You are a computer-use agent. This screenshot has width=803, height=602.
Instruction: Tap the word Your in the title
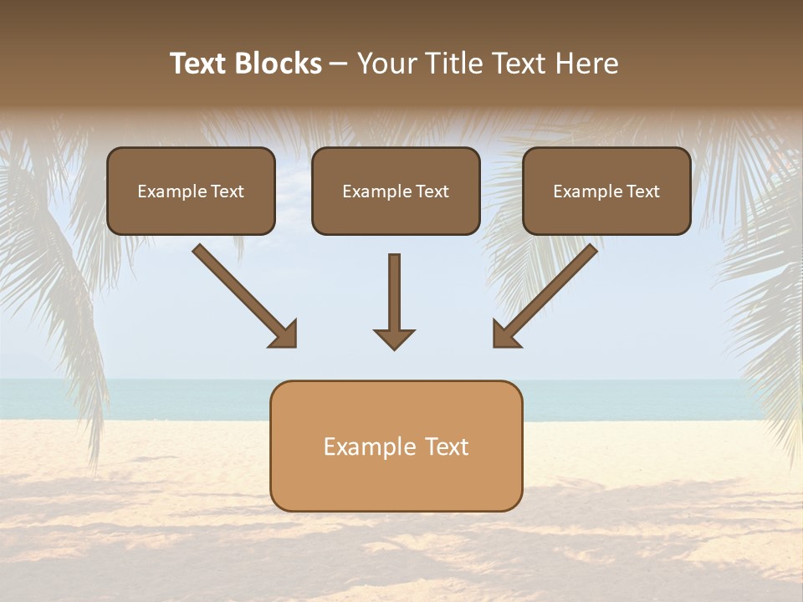[387, 64]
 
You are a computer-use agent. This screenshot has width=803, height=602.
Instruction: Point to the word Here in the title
[586, 64]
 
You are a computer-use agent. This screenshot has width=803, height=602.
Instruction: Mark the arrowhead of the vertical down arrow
[394, 338]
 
